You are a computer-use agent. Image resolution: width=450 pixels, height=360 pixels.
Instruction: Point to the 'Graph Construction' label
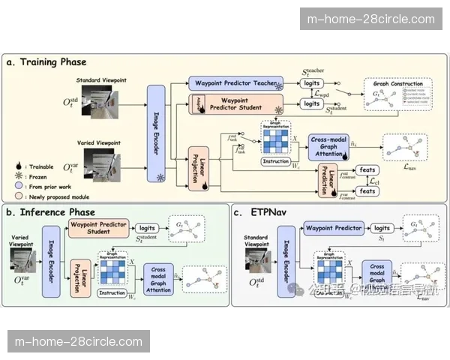coord(399,83)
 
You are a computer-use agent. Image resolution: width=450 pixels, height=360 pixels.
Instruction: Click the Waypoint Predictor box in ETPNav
coord(337,228)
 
